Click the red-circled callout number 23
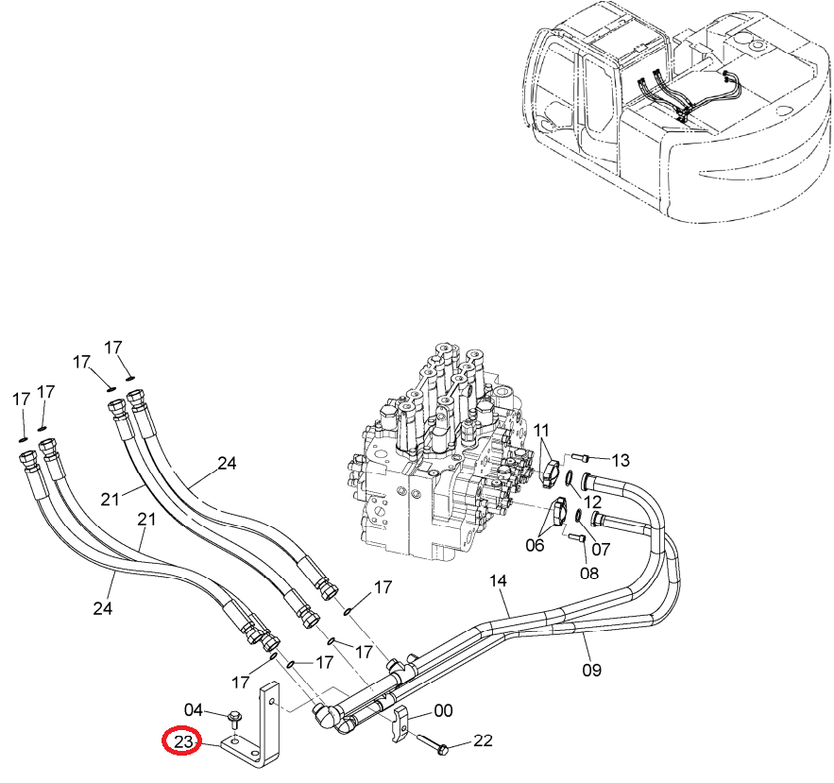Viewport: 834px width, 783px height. coord(182,741)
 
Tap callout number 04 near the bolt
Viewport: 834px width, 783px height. coord(193,709)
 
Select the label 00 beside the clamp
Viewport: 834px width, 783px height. coord(443,710)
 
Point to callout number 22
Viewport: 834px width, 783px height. coord(483,740)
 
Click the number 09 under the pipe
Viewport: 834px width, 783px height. coord(591,670)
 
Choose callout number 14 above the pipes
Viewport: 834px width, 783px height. coord(498,580)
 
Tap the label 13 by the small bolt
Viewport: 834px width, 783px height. coord(621,460)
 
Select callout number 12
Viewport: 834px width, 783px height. coord(592,502)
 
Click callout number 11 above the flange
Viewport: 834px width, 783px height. coord(540,430)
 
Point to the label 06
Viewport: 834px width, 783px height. coord(535,545)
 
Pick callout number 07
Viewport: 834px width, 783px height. coord(601,549)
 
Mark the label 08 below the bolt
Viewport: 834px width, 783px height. coord(588,573)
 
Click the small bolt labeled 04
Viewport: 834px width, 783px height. coord(234,719)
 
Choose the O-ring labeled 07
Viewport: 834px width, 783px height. coord(579,516)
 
